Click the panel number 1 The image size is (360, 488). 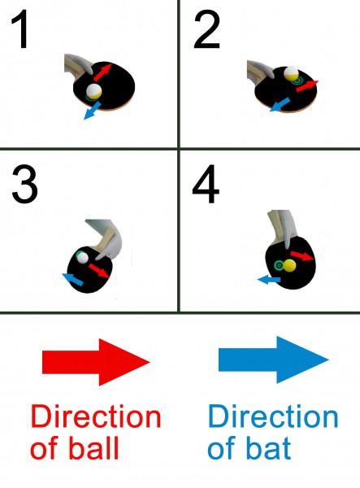tap(21, 29)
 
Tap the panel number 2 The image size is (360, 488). tap(206, 29)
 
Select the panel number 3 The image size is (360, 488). tap(25, 185)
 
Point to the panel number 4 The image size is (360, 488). tap(206, 185)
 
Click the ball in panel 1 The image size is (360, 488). tap(93, 91)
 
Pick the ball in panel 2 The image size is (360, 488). tap(291, 73)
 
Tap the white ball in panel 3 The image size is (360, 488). tap(83, 258)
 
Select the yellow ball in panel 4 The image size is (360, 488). tap(289, 265)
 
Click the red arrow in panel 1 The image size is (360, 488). tap(102, 72)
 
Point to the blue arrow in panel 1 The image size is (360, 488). tap(93, 111)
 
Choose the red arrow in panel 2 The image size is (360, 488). tap(307, 86)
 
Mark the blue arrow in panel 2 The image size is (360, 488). tap(280, 105)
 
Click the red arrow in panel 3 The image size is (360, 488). tap(99, 271)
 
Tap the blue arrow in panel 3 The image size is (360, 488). tap(73, 279)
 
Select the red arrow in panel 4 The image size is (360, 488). tap(302, 256)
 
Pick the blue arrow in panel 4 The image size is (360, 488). tap(269, 280)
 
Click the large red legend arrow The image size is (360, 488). tap(97, 362)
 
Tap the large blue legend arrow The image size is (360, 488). tap(274, 359)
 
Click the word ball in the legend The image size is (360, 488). tap(94, 448)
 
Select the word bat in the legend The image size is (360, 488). tap(269, 448)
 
